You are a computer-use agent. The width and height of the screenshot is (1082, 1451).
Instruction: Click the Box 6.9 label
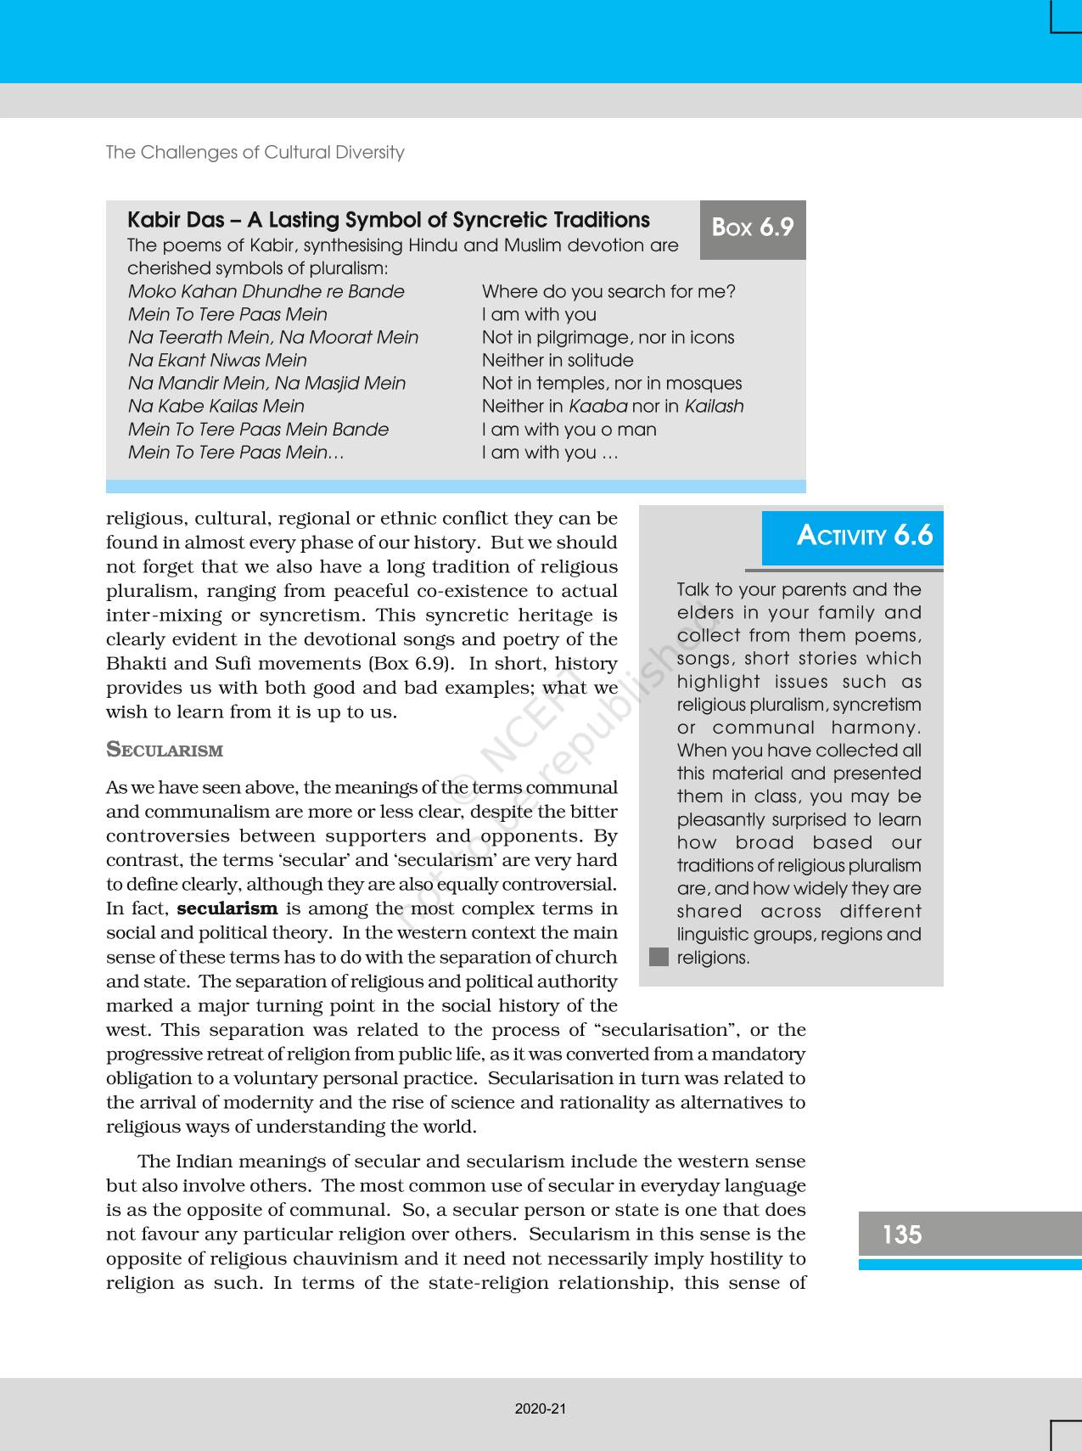(752, 228)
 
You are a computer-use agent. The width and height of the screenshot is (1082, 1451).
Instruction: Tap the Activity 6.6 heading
(864, 536)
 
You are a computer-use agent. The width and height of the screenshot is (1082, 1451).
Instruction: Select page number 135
(901, 1234)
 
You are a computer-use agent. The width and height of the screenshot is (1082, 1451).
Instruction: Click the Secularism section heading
(165, 751)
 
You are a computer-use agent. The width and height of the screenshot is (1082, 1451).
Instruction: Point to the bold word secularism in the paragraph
(227, 908)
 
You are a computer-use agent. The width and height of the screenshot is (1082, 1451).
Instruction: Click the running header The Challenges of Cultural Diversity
(255, 153)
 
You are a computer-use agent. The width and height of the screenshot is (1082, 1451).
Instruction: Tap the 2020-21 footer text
(541, 1409)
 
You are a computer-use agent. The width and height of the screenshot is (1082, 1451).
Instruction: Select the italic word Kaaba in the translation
(597, 407)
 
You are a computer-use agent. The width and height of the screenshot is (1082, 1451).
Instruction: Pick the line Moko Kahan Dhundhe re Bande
(266, 292)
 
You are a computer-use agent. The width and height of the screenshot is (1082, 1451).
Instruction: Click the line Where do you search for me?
(608, 292)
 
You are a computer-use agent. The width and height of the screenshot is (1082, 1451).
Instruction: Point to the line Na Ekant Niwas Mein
(218, 361)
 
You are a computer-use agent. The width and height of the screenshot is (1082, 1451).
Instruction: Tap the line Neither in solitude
(558, 361)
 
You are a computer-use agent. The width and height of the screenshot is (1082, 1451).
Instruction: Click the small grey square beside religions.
(659, 957)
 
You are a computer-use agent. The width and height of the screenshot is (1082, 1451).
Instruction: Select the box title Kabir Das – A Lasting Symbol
(389, 221)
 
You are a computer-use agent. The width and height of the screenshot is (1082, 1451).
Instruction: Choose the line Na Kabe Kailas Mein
(216, 407)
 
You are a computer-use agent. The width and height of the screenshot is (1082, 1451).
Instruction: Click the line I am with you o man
(569, 430)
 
